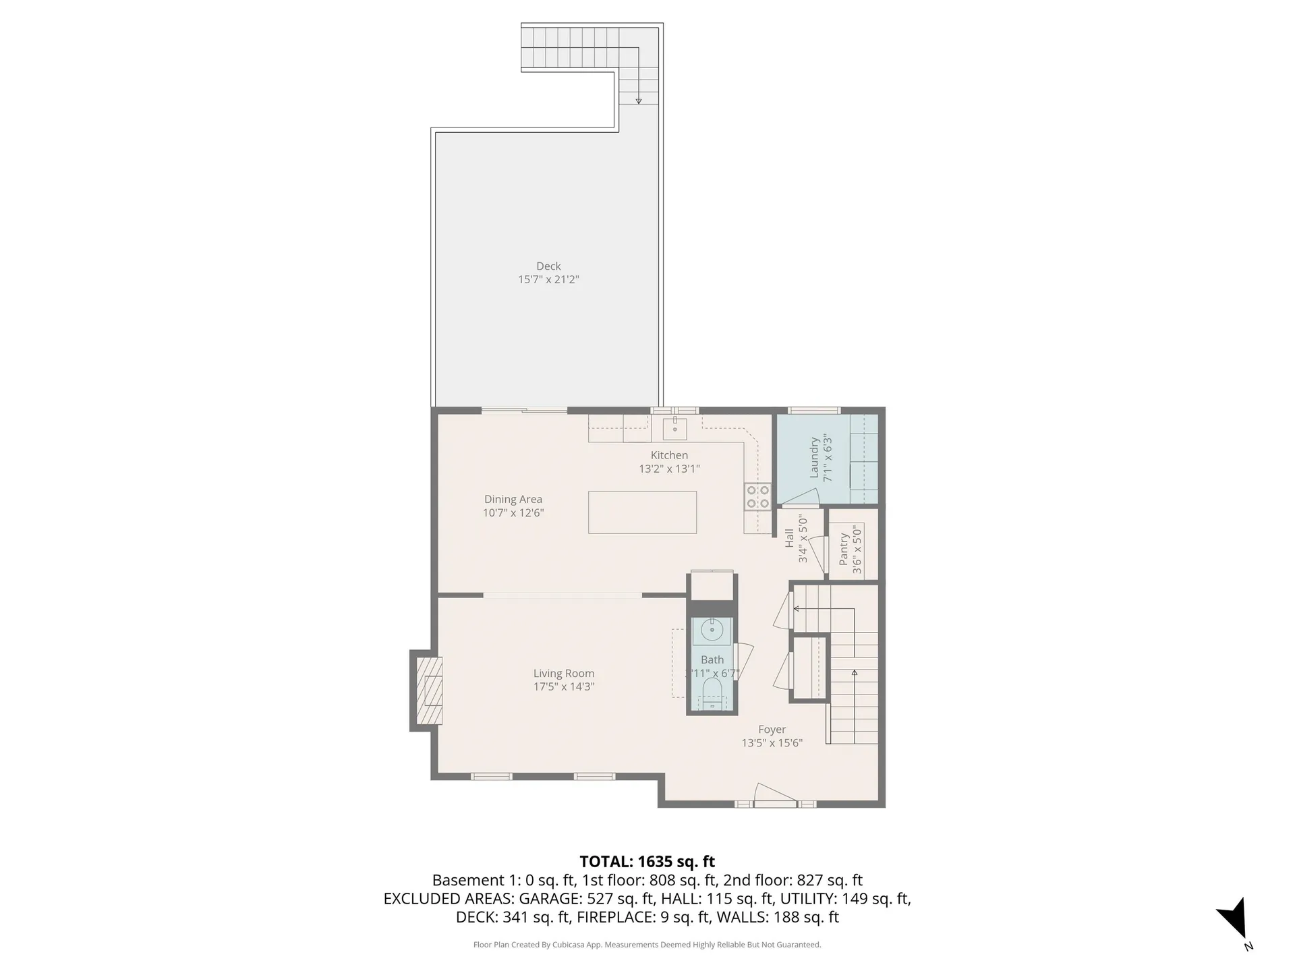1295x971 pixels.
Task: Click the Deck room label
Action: coord(548,266)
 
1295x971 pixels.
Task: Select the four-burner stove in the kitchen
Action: coord(757,497)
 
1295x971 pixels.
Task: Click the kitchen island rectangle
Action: coord(642,512)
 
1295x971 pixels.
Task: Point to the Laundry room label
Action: coord(814,459)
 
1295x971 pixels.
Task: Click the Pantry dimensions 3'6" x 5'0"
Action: coord(857,550)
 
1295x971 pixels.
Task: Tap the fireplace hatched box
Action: coord(429,690)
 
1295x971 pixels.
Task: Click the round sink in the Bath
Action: coord(712,630)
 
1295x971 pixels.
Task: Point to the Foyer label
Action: coord(772,730)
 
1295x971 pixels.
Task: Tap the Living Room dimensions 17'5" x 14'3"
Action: coord(563,687)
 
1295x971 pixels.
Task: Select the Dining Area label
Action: coord(513,500)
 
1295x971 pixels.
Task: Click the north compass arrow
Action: coord(1236,918)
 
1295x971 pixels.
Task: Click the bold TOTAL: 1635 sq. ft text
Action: coord(647,862)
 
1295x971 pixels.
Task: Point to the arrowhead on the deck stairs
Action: coord(638,101)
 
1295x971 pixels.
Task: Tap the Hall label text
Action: coord(789,538)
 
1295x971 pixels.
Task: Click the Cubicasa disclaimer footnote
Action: coord(647,945)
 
